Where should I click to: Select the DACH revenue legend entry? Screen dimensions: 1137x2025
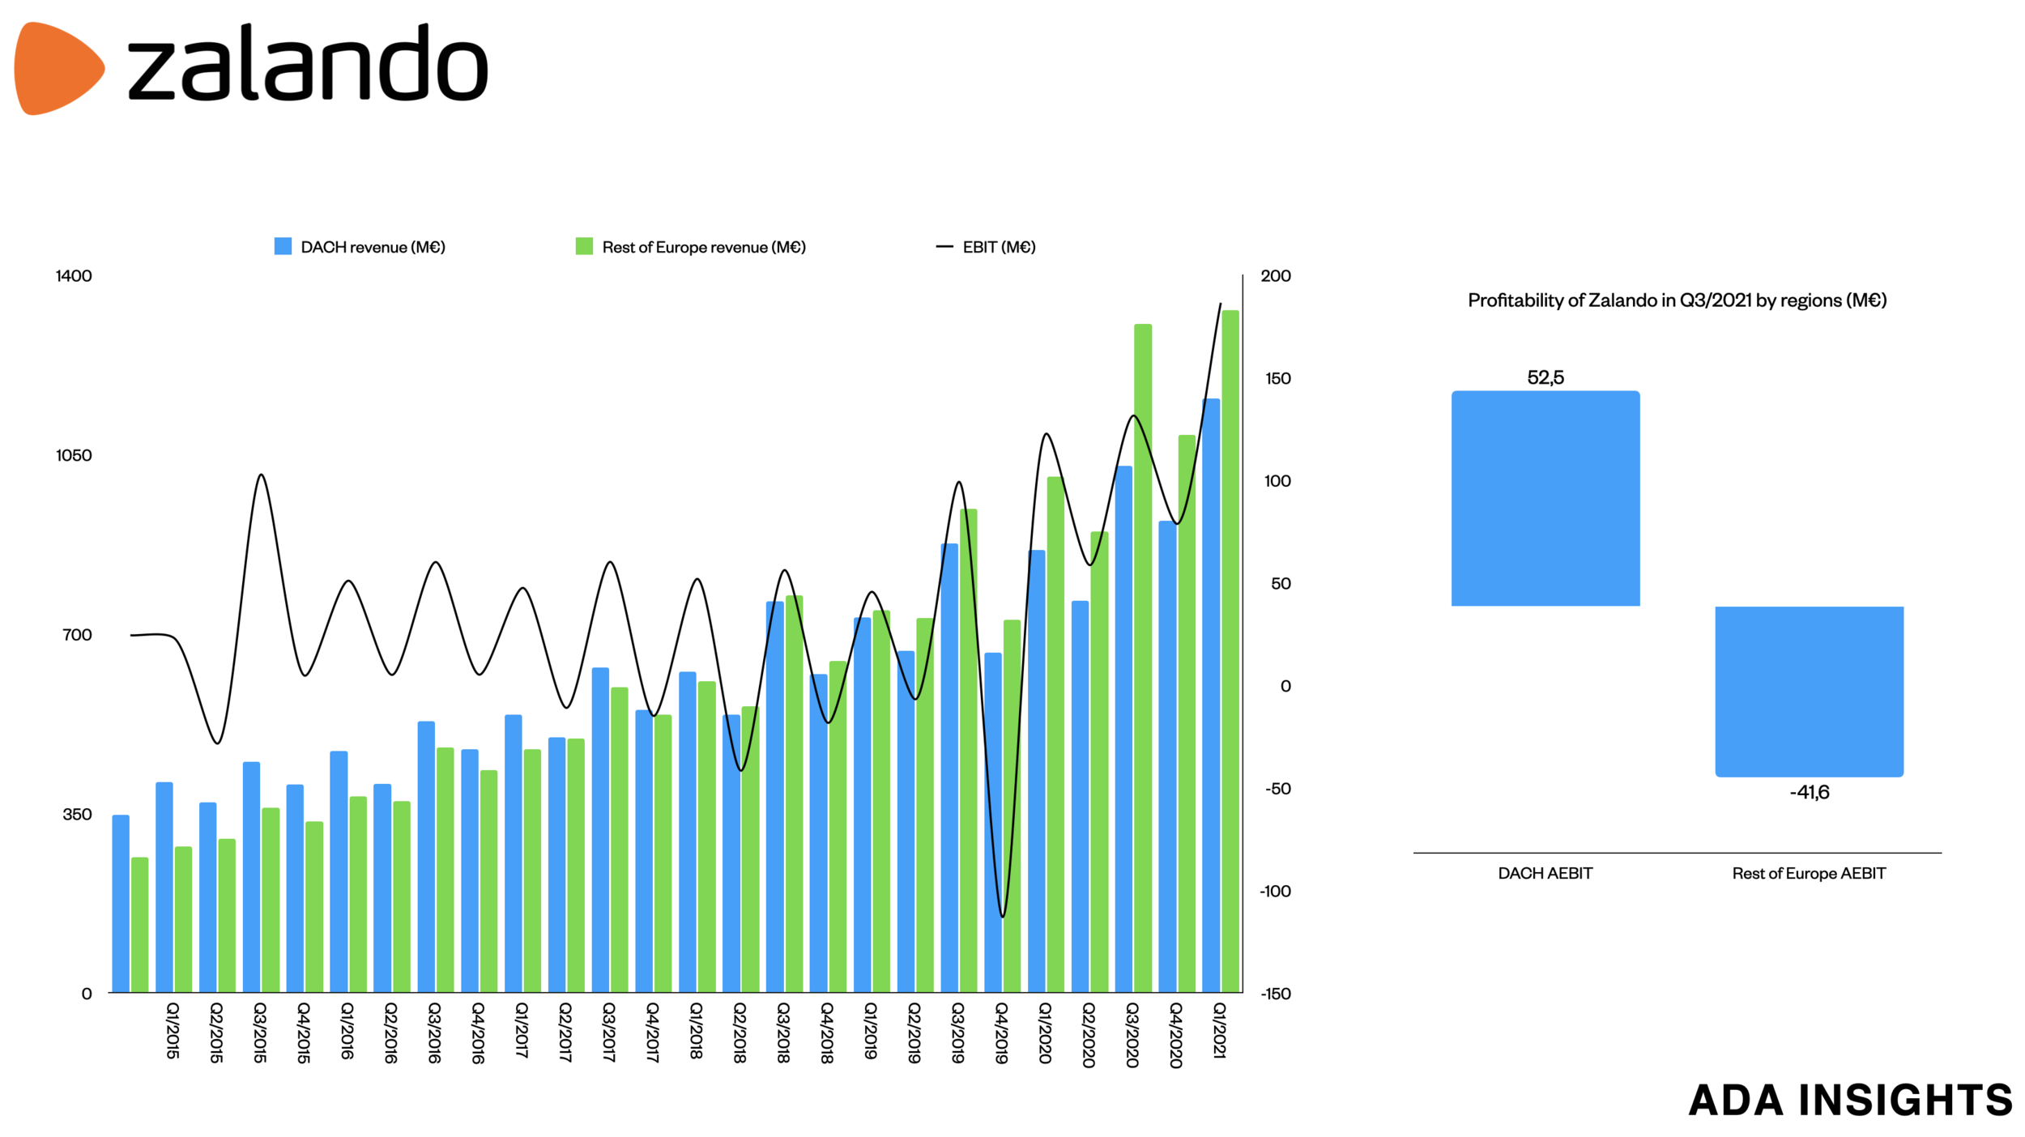coord(360,247)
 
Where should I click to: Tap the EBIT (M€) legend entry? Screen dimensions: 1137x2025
coord(986,247)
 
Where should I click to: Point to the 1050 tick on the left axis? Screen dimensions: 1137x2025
coord(74,455)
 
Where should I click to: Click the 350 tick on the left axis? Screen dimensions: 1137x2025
coord(78,814)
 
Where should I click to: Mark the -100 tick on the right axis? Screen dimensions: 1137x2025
coord(1275,891)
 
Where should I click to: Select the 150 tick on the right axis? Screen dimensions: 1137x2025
coord(1277,378)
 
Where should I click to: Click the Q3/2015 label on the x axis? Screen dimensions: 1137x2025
coord(259,1032)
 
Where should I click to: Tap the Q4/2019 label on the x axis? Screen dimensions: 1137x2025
coord(1001,1032)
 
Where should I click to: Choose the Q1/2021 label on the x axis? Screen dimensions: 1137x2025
coord(1219,1029)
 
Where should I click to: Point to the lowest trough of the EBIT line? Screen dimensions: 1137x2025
coord(1003,916)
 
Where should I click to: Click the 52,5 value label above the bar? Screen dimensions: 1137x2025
coord(1545,377)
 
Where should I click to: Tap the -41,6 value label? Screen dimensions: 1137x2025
coord(1810,792)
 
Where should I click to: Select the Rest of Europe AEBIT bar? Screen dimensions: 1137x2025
coord(1809,691)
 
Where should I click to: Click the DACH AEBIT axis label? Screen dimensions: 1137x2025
coord(1545,873)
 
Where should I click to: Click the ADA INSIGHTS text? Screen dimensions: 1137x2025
coord(1850,1100)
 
